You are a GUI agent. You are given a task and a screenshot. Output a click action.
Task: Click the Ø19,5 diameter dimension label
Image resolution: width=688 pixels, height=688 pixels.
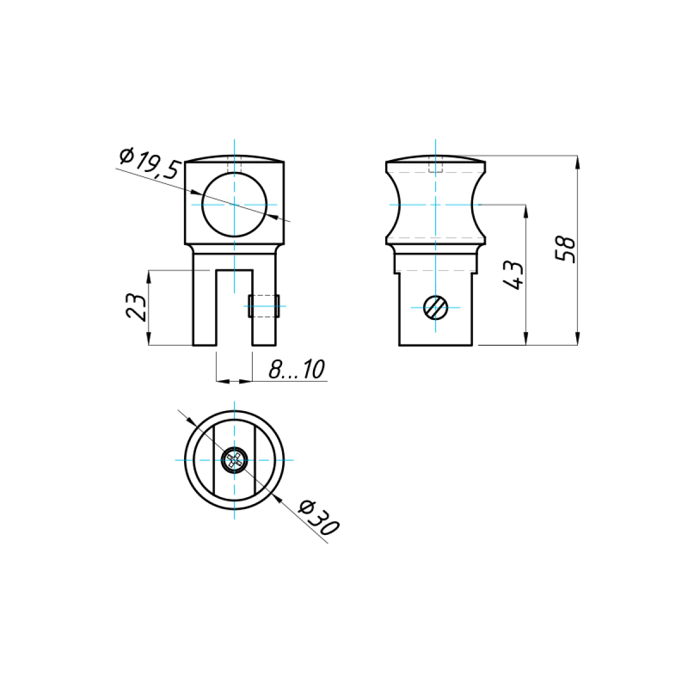[148, 163]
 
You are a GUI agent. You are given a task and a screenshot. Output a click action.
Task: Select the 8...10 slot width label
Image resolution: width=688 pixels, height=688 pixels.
[296, 369]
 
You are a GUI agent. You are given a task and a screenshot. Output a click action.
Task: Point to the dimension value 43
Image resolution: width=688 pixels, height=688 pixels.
[513, 275]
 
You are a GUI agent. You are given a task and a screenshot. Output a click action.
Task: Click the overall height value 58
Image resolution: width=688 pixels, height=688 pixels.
[565, 249]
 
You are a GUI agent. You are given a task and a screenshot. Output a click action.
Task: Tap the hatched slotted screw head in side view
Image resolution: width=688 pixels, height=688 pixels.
[436, 307]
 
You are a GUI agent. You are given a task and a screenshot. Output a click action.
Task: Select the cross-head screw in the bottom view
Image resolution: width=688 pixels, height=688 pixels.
[234, 460]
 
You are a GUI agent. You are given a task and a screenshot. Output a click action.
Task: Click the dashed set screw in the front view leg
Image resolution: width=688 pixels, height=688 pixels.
[264, 306]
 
